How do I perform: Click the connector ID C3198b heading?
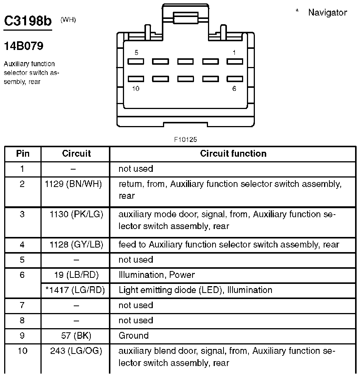pyautogui.click(x=27, y=21)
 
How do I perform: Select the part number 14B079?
pyautogui.click(x=23, y=46)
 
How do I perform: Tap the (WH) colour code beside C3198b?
pyautogui.click(x=68, y=20)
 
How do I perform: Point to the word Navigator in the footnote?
pyautogui.click(x=327, y=12)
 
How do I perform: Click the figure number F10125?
pyautogui.click(x=185, y=140)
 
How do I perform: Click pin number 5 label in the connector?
pyautogui.click(x=137, y=53)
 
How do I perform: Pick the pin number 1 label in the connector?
pyautogui.click(x=234, y=53)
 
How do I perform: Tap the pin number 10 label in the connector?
pyautogui.click(x=136, y=89)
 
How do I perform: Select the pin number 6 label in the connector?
pyautogui.click(x=234, y=89)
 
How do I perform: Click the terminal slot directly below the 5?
pyautogui.click(x=136, y=61)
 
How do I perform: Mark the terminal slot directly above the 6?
pyautogui.click(x=234, y=79)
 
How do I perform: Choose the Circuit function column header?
pyautogui.click(x=233, y=154)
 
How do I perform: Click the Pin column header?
pyautogui.click(x=23, y=154)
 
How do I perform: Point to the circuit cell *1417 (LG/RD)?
pyautogui.click(x=75, y=290)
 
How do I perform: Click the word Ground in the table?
pyautogui.click(x=133, y=335)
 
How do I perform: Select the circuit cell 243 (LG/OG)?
pyautogui.click(x=76, y=351)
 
